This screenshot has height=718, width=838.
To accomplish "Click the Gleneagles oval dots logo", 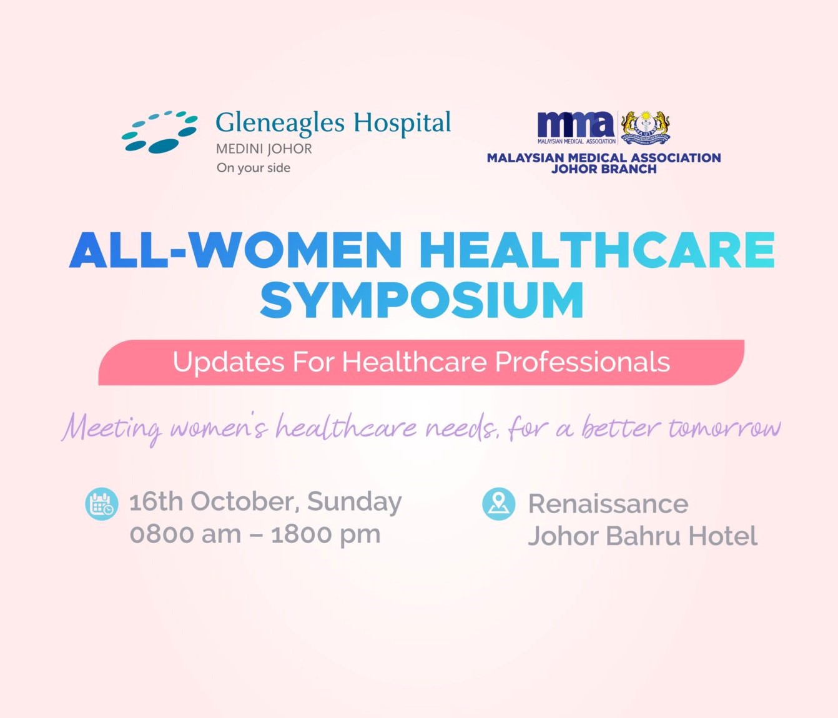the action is (x=160, y=132).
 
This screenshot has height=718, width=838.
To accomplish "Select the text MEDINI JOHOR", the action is (x=264, y=149).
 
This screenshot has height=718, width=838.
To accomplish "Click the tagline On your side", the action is (x=254, y=167).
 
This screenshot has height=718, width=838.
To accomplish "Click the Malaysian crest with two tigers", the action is (x=645, y=127).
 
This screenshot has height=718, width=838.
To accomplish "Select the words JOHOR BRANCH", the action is (x=604, y=169).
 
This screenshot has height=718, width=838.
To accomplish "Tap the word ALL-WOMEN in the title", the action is (x=235, y=250).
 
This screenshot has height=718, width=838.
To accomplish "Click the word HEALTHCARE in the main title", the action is (x=597, y=250).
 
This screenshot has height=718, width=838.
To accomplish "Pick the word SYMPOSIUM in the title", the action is (x=421, y=300).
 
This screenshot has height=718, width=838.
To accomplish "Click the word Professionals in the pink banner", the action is (x=583, y=362).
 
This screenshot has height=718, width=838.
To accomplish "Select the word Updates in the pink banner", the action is (x=229, y=362).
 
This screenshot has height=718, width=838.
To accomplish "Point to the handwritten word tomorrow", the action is (x=724, y=428).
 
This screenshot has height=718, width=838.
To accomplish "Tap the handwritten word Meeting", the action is (x=112, y=430).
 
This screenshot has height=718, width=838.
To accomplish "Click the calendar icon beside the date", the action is (x=101, y=503).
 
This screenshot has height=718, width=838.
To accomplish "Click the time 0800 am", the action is (x=185, y=534).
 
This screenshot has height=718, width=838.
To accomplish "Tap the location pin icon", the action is (x=499, y=503).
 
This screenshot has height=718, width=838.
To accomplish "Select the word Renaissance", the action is (x=608, y=503).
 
